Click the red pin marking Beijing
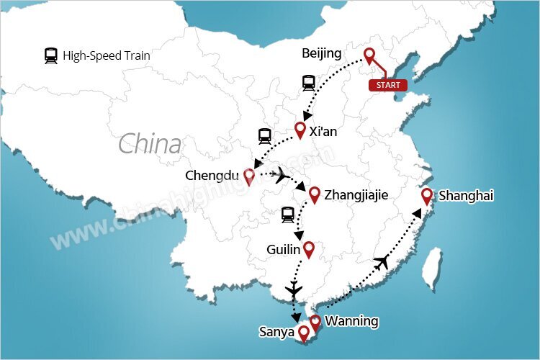370,56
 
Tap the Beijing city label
323,54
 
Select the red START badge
387,85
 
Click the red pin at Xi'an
301,130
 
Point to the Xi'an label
323,132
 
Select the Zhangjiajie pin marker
314,194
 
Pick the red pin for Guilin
309,250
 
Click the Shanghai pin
427,195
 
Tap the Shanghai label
466,195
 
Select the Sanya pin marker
304,333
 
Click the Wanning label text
351,321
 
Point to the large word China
150,144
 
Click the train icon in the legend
51,55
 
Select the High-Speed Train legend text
107,55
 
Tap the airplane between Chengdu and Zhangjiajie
282,175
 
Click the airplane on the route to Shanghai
382,262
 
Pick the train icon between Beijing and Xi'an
309,84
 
